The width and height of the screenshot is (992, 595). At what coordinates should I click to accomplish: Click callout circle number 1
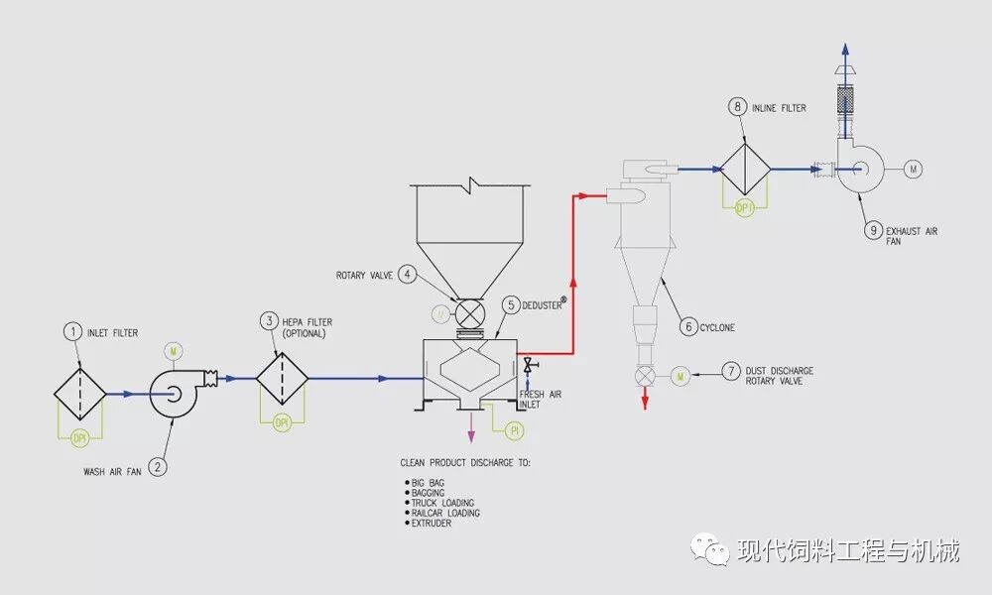[72, 332]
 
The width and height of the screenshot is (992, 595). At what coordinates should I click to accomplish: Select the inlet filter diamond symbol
[80, 394]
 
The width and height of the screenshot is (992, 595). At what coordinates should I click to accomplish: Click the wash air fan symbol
[175, 395]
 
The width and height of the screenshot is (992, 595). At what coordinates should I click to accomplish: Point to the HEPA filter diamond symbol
[283, 378]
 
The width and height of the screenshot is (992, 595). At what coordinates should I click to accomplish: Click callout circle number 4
[407, 275]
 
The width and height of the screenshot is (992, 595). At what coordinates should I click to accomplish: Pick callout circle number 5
[510, 305]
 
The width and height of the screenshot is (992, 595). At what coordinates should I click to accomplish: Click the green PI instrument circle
[514, 430]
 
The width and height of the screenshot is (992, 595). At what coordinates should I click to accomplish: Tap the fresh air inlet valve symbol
[528, 365]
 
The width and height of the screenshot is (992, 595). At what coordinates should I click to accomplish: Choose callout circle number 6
[687, 326]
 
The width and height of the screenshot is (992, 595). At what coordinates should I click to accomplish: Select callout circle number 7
[731, 372]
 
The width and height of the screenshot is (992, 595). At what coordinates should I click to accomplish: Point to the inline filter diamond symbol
[746, 169]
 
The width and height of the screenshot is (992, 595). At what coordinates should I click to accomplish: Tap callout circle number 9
[874, 230]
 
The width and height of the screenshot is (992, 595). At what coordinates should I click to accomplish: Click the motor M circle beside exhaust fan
[913, 170]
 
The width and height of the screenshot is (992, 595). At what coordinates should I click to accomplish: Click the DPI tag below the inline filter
[745, 208]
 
